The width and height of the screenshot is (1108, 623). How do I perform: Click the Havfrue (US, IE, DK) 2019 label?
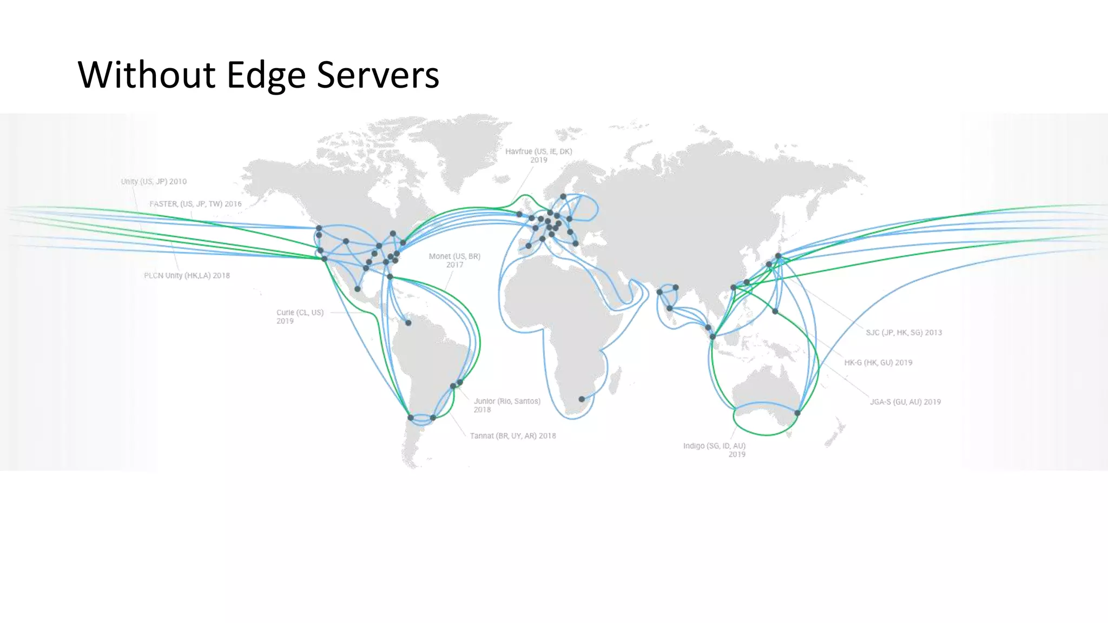tap(538, 155)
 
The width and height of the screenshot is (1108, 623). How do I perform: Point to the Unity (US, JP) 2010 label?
tap(154, 182)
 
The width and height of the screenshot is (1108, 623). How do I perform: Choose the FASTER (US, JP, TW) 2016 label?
tap(195, 204)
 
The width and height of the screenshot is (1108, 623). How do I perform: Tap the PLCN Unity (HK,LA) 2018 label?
tap(187, 275)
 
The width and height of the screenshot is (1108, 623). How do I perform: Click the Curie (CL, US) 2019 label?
tap(300, 316)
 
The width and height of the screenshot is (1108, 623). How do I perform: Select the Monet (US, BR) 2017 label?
tap(454, 260)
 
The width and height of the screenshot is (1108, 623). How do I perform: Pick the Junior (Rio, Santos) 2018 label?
tap(507, 405)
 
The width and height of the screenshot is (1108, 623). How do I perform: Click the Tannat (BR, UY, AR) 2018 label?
tap(512, 436)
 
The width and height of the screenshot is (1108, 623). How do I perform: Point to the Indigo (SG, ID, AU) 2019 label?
tap(714, 450)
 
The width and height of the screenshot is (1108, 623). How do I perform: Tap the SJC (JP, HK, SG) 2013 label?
tap(903, 333)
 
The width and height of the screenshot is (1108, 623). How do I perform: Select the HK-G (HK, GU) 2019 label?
tap(878, 362)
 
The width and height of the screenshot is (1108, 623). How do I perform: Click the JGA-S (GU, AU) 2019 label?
tap(905, 402)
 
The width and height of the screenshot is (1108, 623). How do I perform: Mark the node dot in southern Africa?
tap(582, 399)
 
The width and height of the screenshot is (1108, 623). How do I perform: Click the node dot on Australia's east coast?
tap(797, 413)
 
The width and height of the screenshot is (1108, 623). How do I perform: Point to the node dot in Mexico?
tap(357, 289)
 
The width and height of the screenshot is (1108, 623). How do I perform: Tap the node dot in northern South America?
tap(408, 323)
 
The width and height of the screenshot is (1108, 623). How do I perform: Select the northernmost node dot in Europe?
tap(563, 196)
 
